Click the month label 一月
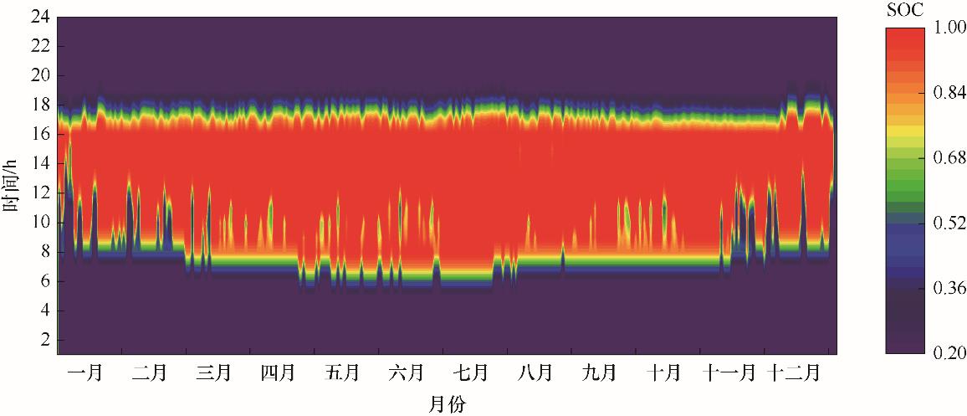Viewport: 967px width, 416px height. point(84,371)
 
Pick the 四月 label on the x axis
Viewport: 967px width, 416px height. point(277,371)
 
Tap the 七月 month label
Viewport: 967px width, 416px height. point(471,371)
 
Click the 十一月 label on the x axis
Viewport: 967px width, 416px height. point(729,371)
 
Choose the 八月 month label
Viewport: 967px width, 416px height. point(535,371)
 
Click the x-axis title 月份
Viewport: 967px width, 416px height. point(448,403)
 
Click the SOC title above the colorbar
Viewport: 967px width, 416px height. point(906,9)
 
